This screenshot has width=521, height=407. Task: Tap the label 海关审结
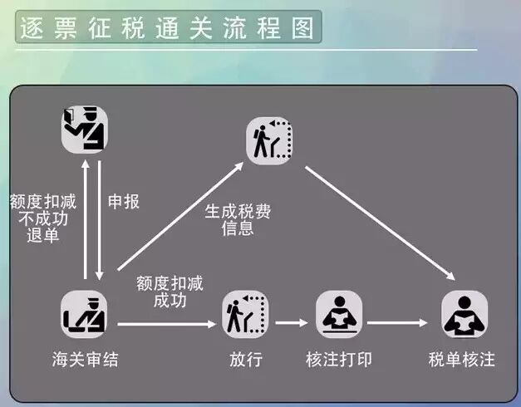[x=84, y=360]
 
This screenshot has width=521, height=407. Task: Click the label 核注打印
[x=339, y=360]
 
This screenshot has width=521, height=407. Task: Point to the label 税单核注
[x=462, y=360]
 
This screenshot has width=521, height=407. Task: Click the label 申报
[x=124, y=202]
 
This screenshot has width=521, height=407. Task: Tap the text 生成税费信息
[x=238, y=219]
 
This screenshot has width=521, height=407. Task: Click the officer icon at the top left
[x=85, y=129]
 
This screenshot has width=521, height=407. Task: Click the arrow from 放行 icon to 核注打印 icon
[x=292, y=322]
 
